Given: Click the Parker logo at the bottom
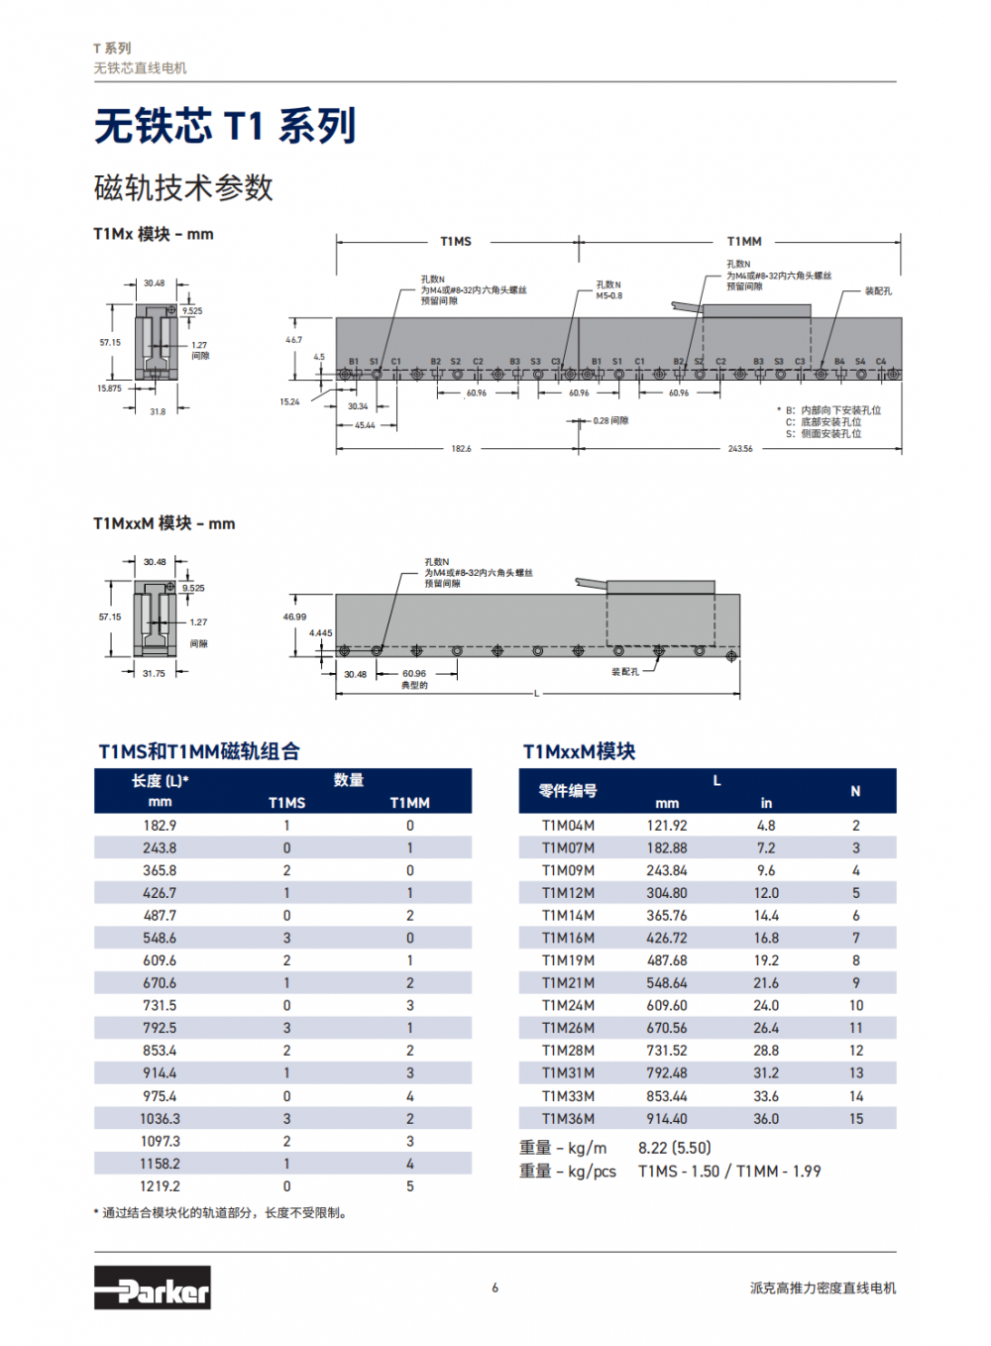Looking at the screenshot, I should pyautogui.click(x=152, y=1288).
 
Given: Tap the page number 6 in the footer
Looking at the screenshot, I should pyautogui.click(x=495, y=1288).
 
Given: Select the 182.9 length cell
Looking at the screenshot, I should pyautogui.click(x=160, y=826).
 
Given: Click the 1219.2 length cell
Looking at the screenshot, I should pyautogui.click(x=160, y=1186).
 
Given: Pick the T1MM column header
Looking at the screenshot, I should pyautogui.click(x=409, y=803).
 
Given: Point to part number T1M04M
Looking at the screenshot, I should pyautogui.click(x=568, y=826).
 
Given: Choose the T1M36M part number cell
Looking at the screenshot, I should pyautogui.click(x=568, y=1119).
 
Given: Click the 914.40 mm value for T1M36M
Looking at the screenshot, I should pyautogui.click(x=667, y=1119).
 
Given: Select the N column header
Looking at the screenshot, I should pyautogui.click(x=855, y=791).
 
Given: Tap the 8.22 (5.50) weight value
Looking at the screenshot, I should pyautogui.click(x=675, y=1148).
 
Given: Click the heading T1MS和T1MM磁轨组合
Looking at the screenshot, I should pyautogui.click(x=199, y=751).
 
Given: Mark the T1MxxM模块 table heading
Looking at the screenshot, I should pyautogui.click(x=579, y=751).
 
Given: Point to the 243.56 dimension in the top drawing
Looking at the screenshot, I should pyautogui.click(x=740, y=449).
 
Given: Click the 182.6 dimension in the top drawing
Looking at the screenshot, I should pyautogui.click(x=461, y=449).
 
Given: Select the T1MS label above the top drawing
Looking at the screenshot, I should pyautogui.click(x=456, y=242).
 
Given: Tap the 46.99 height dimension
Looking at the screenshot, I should pyautogui.click(x=294, y=617).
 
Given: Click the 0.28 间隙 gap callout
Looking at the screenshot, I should pyautogui.click(x=610, y=421).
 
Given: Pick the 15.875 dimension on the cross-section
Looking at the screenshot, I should pyautogui.click(x=109, y=389).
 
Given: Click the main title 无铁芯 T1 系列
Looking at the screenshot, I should pyautogui.click(x=225, y=126).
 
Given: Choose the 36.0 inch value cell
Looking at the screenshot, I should pyautogui.click(x=766, y=1119).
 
